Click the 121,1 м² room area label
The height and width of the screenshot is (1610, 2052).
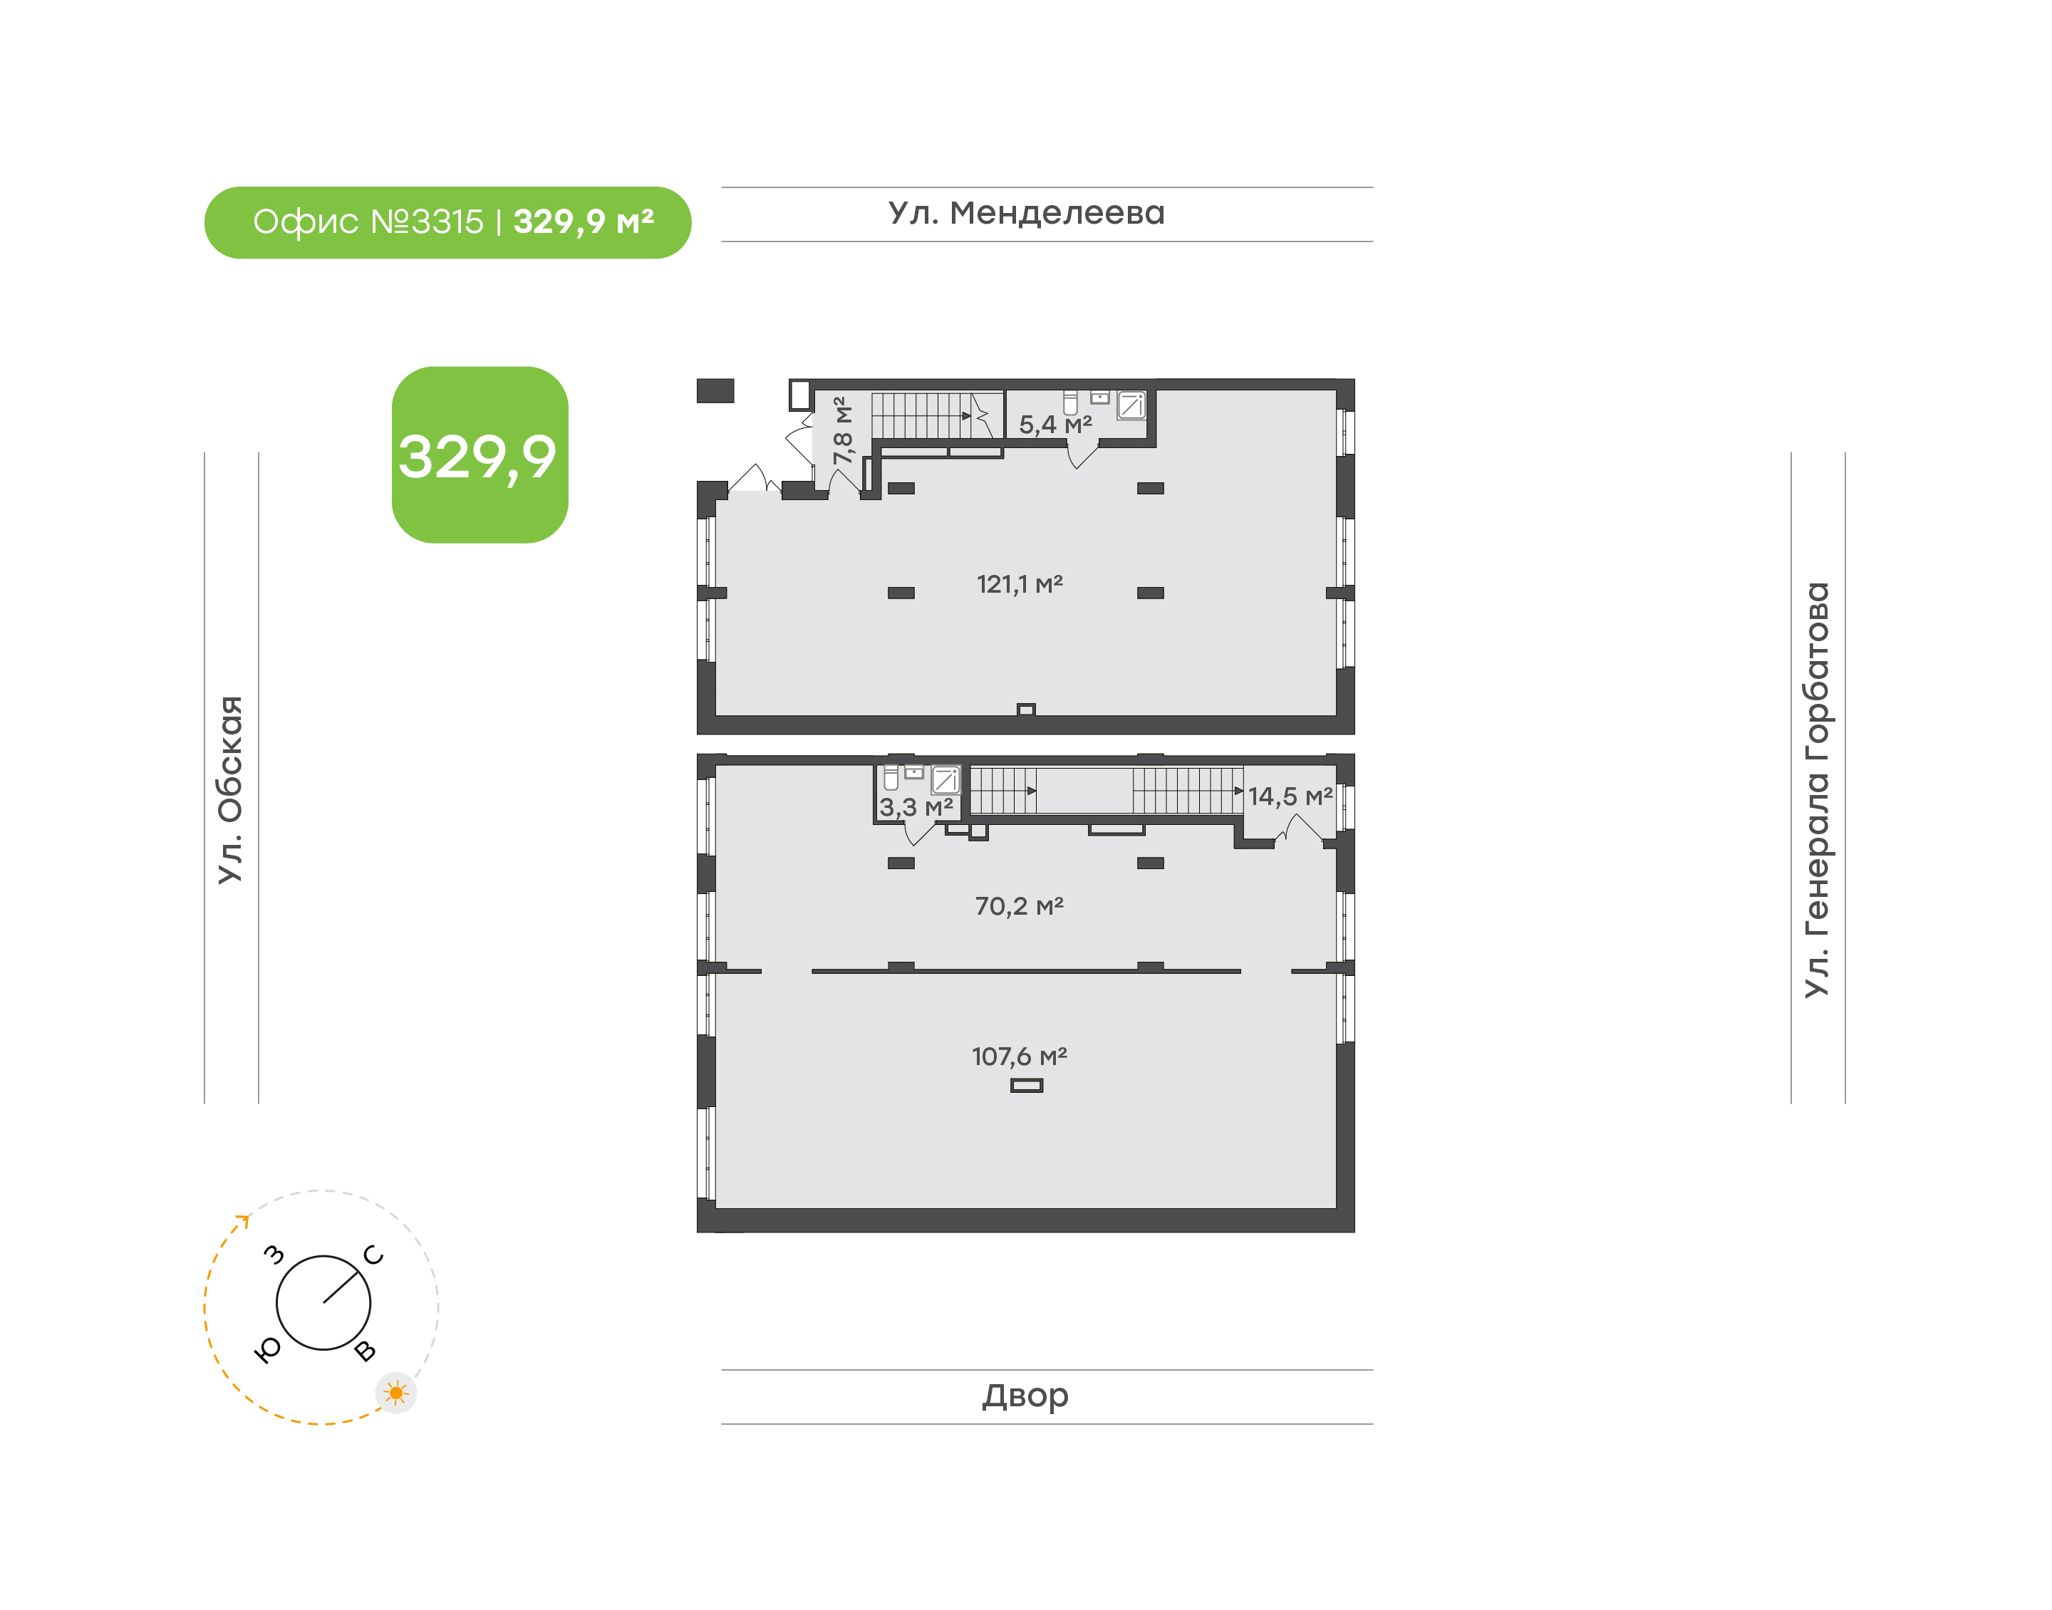point(1019,584)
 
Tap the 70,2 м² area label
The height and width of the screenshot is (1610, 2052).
point(1019,906)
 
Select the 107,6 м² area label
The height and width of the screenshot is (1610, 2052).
point(1019,1056)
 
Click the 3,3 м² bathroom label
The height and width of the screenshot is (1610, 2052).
point(916,807)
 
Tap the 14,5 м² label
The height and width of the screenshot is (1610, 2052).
point(1290,796)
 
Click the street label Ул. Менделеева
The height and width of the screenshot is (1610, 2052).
point(1027,213)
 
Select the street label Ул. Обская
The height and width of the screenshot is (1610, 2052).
point(231,790)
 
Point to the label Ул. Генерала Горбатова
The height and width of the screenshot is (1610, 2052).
point(1816,790)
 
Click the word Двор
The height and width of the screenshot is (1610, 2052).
point(1025,1396)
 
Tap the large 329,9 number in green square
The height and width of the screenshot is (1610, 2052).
point(478,458)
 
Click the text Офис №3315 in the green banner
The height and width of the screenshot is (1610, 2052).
point(368,222)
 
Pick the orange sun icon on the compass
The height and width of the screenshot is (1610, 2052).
point(396,1392)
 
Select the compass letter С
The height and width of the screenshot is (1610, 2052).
point(374,1255)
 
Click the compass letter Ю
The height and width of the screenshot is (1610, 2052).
point(269,1351)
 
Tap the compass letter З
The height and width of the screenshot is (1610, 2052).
point(274,1254)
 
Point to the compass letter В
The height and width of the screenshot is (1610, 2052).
point(365,1351)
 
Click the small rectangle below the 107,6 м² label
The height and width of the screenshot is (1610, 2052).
point(1027,1085)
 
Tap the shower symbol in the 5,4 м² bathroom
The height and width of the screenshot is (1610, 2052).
point(1131,405)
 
